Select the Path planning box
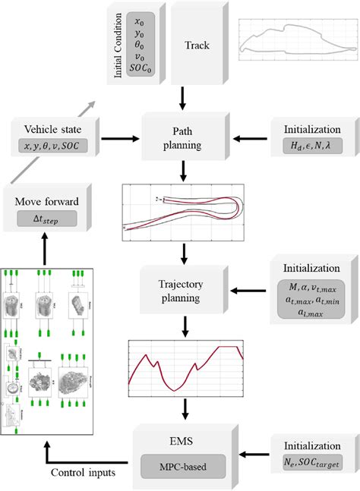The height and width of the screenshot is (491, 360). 185,139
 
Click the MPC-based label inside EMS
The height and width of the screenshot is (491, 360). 182,463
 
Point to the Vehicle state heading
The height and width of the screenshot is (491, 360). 49,129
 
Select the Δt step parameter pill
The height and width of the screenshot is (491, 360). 49,220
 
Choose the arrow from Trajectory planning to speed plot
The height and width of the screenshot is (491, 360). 185,326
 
